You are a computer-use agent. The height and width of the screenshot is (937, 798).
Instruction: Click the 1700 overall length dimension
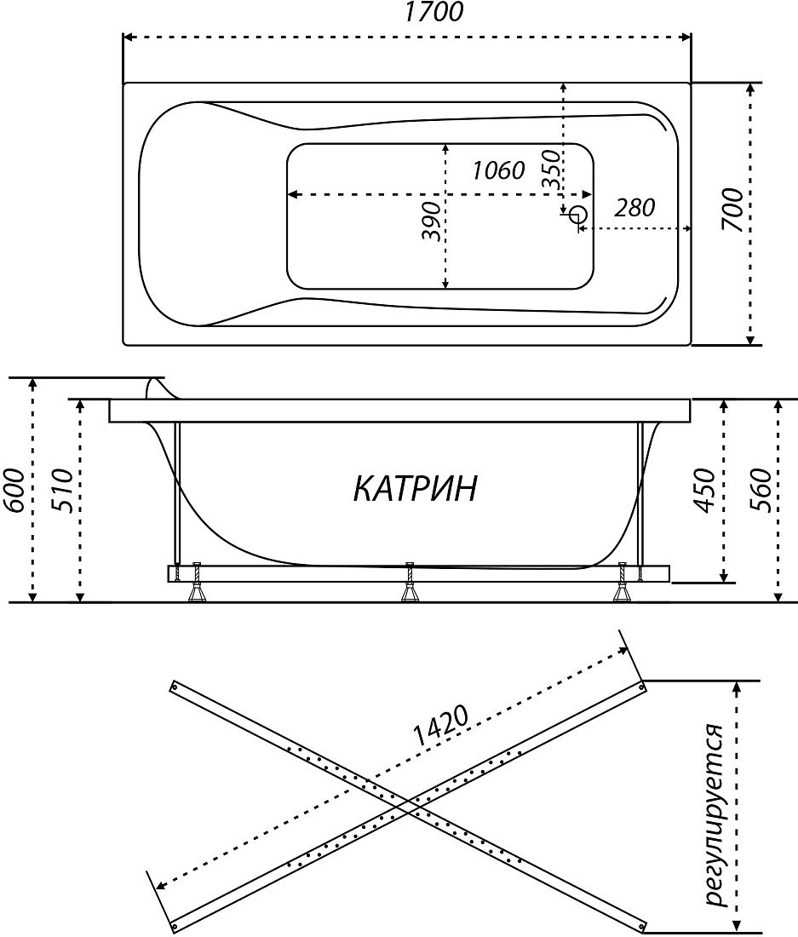tap(433, 13)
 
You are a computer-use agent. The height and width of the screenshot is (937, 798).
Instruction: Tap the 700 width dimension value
tap(733, 210)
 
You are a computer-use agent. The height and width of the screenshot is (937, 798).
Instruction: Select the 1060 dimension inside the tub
tap(499, 171)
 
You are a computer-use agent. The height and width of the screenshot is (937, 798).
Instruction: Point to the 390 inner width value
tap(431, 221)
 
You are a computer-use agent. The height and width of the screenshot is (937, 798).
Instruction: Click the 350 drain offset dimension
tap(553, 170)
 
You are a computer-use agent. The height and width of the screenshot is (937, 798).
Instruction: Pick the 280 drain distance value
tap(634, 208)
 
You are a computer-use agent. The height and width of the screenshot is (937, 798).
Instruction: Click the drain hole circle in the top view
tap(579, 213)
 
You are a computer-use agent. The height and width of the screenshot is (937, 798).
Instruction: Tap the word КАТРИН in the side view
tap(416, 488)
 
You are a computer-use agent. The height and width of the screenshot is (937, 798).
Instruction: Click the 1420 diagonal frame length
tap(440, 726)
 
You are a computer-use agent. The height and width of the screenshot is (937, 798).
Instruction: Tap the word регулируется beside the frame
tap(715, 807)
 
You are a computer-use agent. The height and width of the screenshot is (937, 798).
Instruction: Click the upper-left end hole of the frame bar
tap(175, 687)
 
